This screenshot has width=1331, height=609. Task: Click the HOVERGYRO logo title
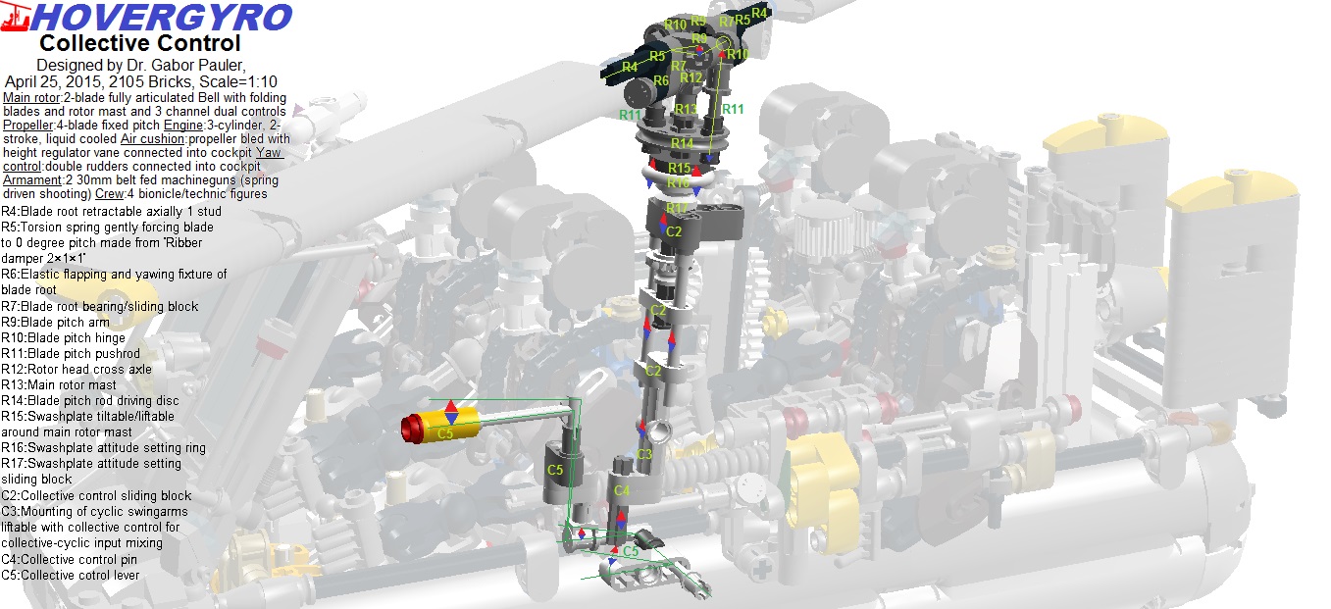[x=162, y=18]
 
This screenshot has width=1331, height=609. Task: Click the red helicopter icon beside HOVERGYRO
[x=16, y=17]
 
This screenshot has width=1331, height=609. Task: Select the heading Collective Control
[x=139, y=43]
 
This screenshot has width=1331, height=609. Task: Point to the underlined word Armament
[x=32, y=180]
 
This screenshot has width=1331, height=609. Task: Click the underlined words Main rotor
[x=31, y=97]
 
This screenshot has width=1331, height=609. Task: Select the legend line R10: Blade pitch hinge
[x=63, y=338]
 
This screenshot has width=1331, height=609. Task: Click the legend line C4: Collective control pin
[x=69, y=560]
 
